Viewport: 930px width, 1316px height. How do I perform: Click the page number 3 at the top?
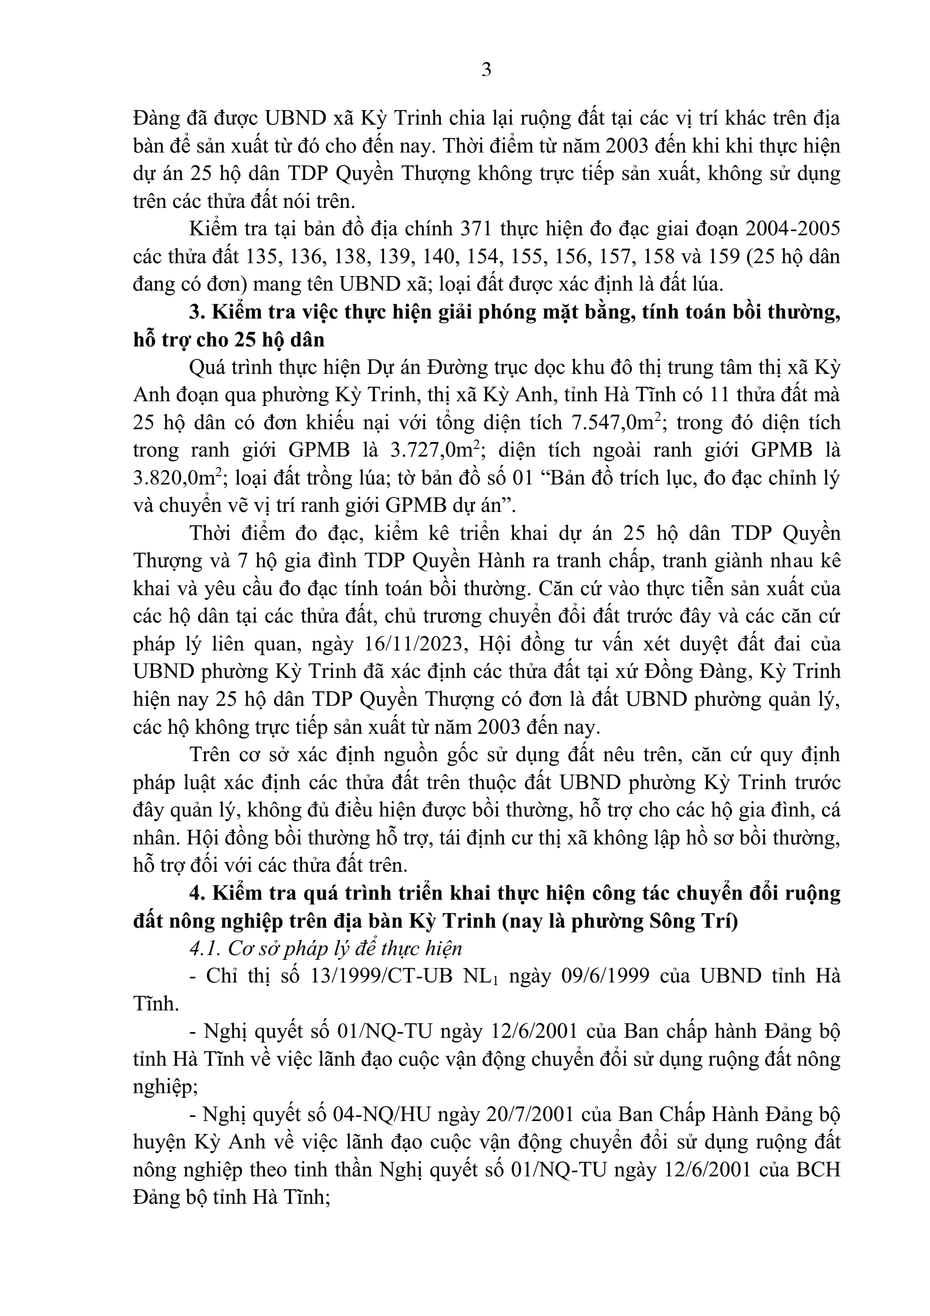pyautogui.click(x=486, y=70)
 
